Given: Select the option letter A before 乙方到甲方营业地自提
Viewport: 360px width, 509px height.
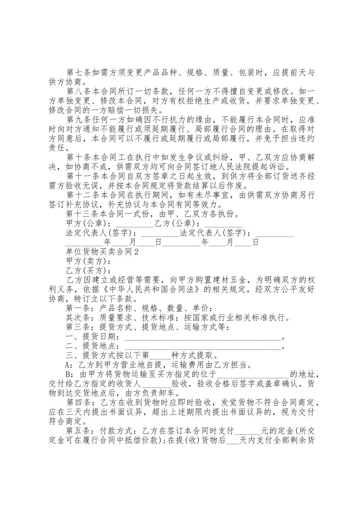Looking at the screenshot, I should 69,365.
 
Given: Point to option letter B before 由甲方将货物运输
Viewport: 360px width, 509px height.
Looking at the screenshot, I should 69,375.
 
